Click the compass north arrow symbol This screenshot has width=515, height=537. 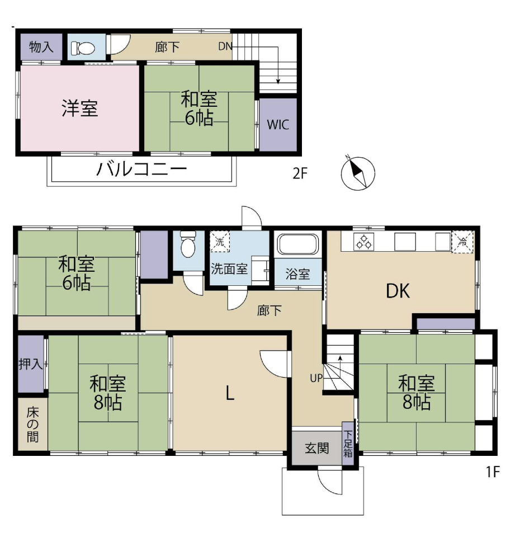pyautogui.click(x=358, y=173)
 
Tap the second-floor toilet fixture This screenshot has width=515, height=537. pyautogui.click(x=83, y=48)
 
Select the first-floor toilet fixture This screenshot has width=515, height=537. pyautogui.click(x=188, y=244)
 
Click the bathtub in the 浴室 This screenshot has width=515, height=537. pyautogui.click(x=298, y=244)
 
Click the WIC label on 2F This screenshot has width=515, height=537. pyautogui.click(x=278, y=125)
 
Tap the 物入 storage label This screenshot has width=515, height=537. pyautogui.click(x=41, y=47)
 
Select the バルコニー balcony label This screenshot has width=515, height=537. pyautogui.click(x=141, y=169)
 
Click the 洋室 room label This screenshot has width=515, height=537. pyautogui.click(x=80, y=108)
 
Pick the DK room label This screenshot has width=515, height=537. pyautogui.click(x=398, y=291)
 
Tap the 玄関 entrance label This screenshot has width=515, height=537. pyautogui.click(x=316, y=448)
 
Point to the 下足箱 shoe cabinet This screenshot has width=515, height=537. pyautogui.click(x=348, y=444)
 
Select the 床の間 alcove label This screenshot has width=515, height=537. pyautogui.click(x=32, y=425)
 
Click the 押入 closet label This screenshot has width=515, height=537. pyautogui.click(x=31, y=364)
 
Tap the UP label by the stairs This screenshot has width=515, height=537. pyautogui.click(x=316, y=378)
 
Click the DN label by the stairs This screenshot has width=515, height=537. pyautogui.click(x=225, y=46)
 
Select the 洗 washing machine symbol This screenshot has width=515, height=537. pyautogui.click(x=220, y=242)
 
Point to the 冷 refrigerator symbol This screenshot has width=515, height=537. pyautogui.click(x=462, y=242)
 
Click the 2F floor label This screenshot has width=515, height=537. pyautogui.click(x=300, y=173)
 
